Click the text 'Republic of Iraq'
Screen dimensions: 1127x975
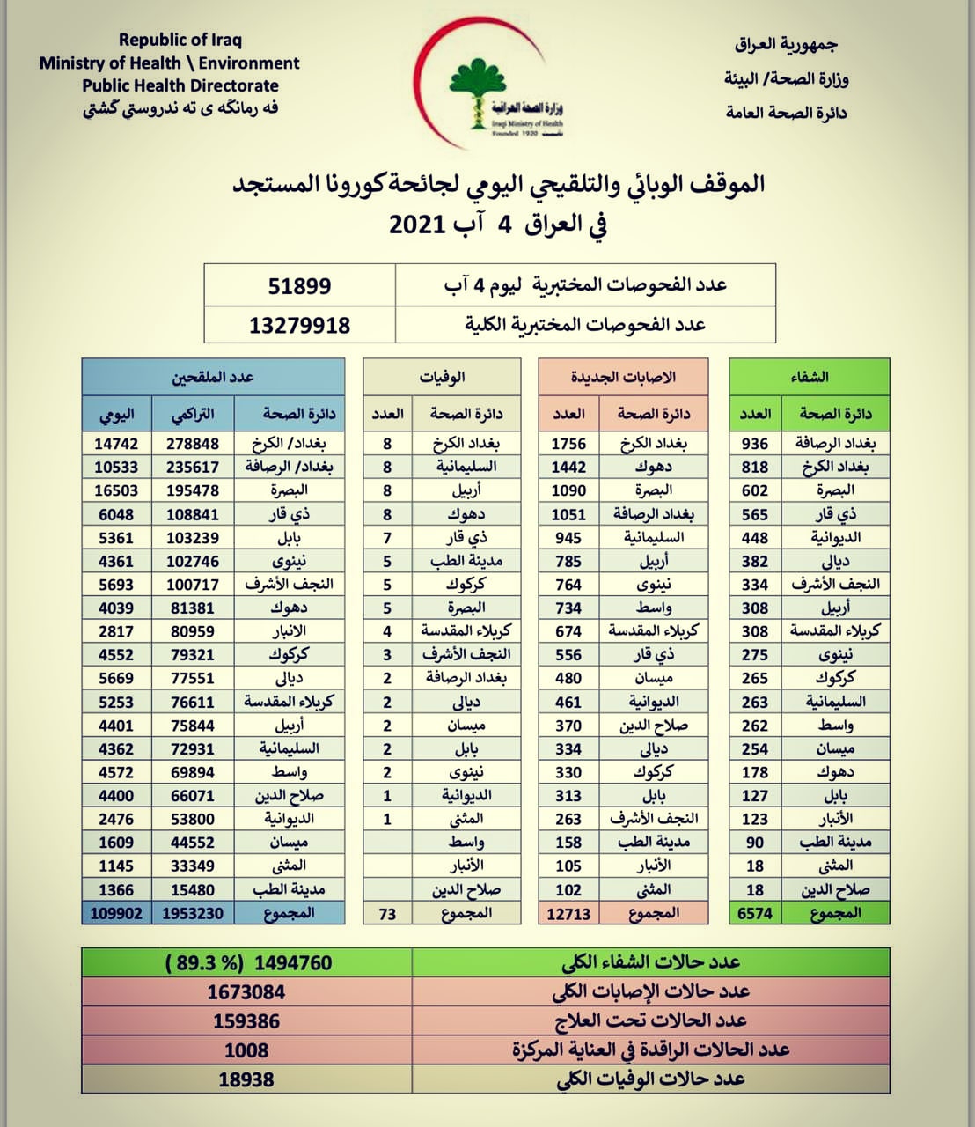coord(180,40)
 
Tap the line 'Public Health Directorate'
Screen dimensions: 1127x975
coord(180,85)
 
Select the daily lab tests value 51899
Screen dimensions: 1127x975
coord(299,286)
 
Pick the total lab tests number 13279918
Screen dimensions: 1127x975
coord(299,325)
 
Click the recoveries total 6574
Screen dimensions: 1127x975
coord(755,913)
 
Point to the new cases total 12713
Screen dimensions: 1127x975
coord(568,913)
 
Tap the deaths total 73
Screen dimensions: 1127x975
coord(387,913)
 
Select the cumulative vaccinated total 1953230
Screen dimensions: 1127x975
coord(193,913)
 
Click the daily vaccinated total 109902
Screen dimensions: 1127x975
coord(116,913)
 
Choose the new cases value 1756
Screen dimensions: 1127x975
coord(568,444)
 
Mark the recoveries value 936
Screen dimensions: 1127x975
coord(755,444)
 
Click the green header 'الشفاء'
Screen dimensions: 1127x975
coord(810,377)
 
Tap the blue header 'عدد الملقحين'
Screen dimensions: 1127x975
coord(213,377)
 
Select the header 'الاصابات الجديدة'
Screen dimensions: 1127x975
coord(624,377)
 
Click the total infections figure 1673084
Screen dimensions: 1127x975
coord(246,992)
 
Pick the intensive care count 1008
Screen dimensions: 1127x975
coord(246,1050)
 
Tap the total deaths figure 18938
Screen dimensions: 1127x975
coord(246,1079)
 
